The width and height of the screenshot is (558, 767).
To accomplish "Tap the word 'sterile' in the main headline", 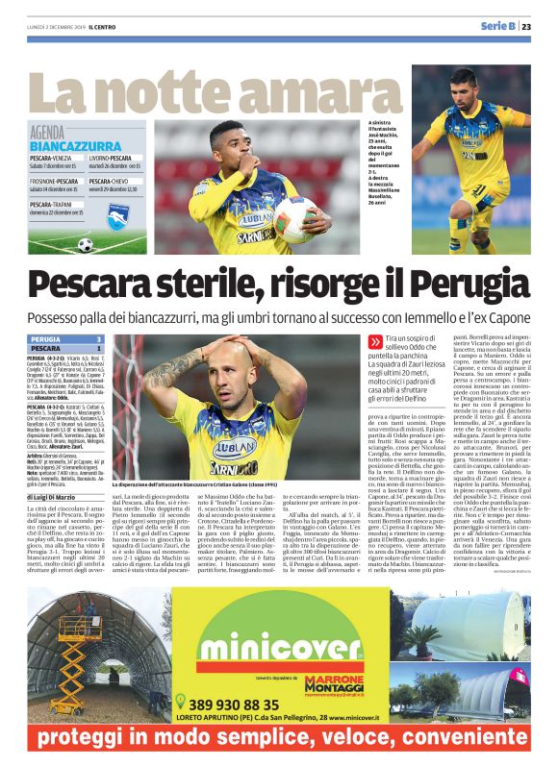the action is tap(201, 286).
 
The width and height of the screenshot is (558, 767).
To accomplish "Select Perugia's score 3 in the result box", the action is tap(98, 339).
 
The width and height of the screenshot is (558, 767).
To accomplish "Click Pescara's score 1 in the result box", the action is tap(98, 349).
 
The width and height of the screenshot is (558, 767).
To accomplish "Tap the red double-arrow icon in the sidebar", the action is tap(374, 341).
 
